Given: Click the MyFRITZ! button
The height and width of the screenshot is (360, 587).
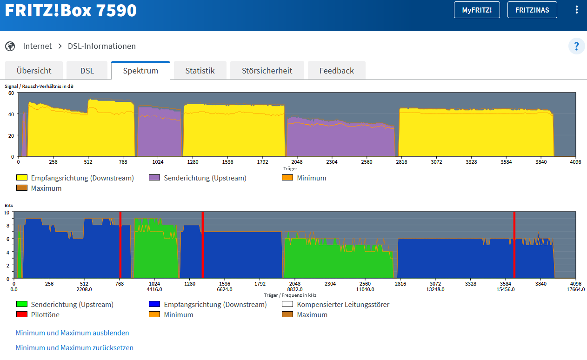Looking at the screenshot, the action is tap(477, 10).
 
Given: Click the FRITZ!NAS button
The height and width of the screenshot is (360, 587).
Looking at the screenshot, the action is tap(532, 10).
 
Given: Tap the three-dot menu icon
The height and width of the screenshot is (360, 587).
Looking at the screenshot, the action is tap(576, 10).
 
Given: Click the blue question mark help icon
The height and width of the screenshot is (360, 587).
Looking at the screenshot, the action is tap(576, 47).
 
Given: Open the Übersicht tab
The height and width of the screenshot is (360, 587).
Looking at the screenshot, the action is tap(34, 71).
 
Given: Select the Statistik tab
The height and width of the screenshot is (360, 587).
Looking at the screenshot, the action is tap(200, 71).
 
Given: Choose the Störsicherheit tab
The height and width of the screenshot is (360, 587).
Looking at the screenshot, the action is tap(267, 71).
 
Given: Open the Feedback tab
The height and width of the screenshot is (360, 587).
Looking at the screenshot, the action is tap(336, 71).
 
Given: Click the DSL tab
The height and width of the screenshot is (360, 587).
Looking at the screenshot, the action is tap(87, 71).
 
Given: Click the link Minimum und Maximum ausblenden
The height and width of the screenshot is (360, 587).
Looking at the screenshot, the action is tap(72, 333).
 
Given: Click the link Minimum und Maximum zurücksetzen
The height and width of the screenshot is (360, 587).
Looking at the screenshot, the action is tap(74, 348).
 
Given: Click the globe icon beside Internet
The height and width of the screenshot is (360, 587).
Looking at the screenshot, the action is tap(10, 47).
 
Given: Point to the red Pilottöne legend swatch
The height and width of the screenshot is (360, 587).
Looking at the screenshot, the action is tap(22, 314).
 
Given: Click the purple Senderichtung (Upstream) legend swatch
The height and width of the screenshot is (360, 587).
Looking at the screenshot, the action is tap(154, 177).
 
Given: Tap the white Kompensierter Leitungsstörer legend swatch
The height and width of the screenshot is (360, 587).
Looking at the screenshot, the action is tap(287, 304).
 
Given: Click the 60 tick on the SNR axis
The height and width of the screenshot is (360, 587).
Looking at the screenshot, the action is tap(11, 93).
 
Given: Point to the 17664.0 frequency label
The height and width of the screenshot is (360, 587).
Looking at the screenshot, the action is tap(575, 289).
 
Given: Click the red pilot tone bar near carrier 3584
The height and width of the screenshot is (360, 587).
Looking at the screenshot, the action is tap(514, 245).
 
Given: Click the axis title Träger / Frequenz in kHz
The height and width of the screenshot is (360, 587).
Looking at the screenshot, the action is tap(290, 295).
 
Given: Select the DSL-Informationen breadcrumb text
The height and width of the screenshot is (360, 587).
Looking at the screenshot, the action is tap(102, 46).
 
